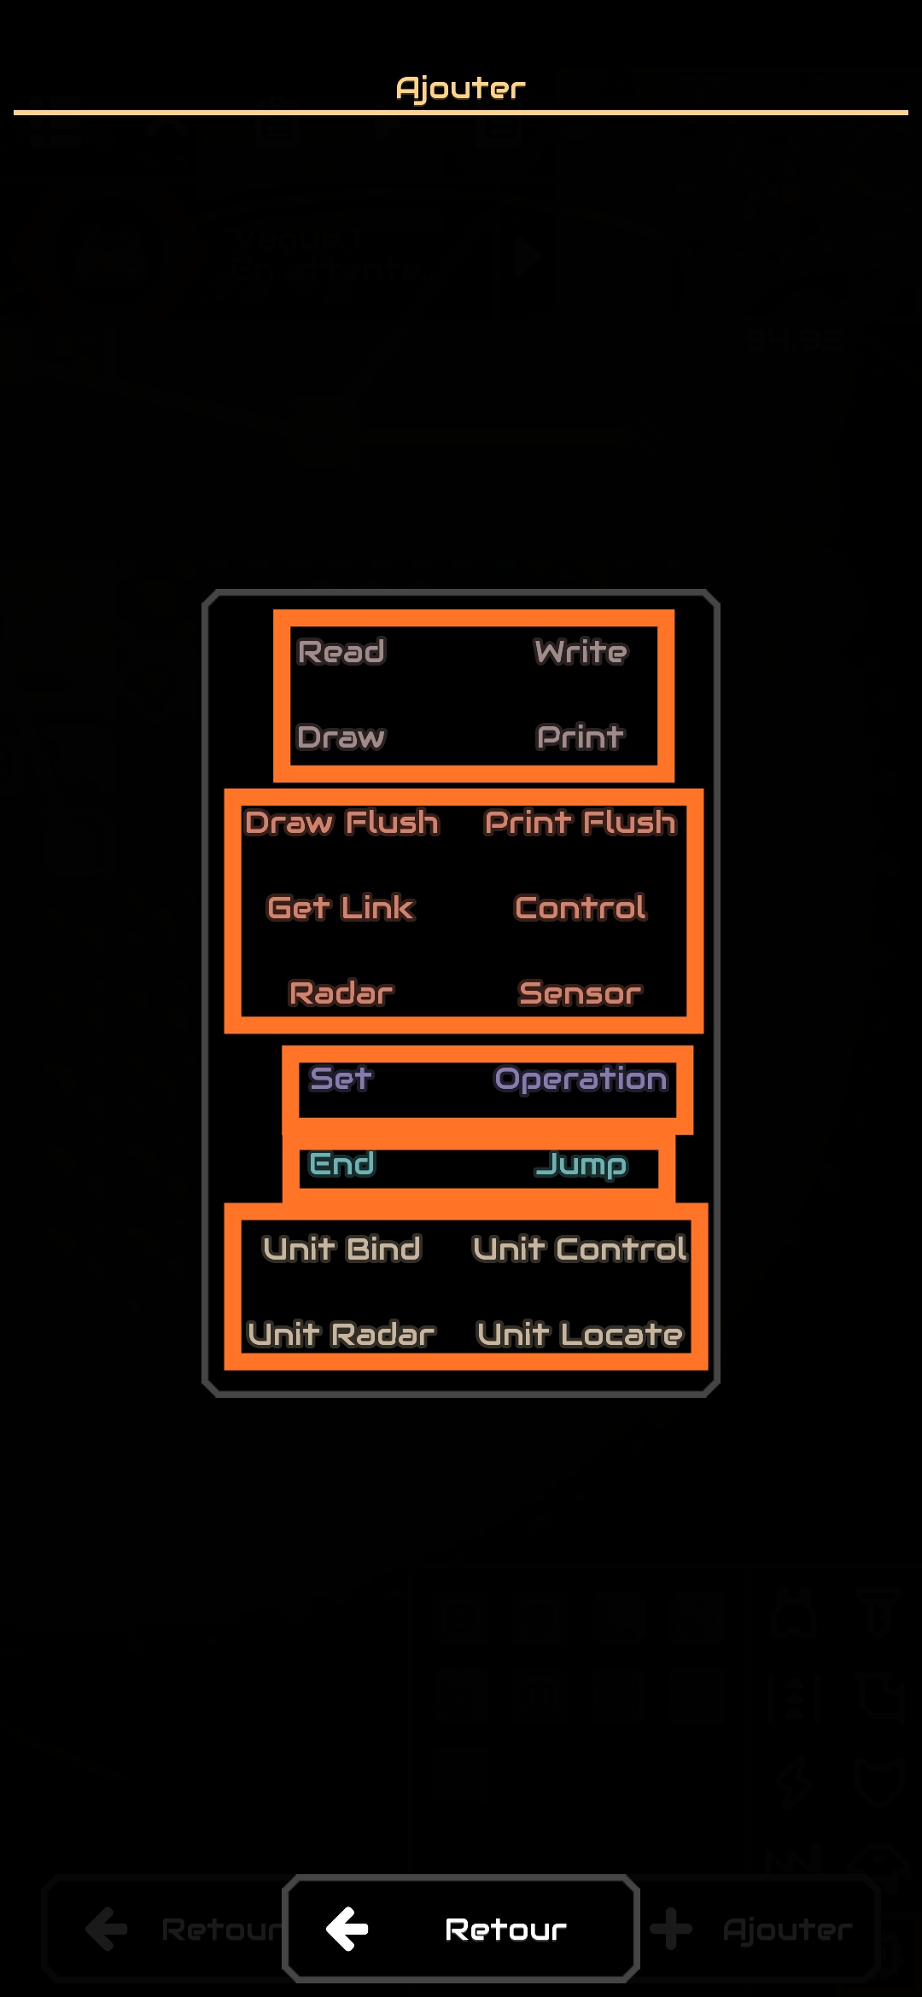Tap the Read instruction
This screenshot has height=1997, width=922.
tap(341, 652)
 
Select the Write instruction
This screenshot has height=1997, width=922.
tap(581, 652)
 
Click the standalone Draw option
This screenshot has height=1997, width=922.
tap(341, 737)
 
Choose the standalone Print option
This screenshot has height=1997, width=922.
tap(581, 737)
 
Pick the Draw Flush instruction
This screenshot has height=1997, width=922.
tap(341, 823)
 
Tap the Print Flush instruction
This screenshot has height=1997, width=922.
tap(581, 823)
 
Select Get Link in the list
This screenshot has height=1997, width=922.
tap(341, 908)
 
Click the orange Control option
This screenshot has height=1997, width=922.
tap(581, 908)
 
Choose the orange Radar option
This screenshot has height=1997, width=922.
tap(341, 993)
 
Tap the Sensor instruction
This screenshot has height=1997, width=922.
tap(581, 993)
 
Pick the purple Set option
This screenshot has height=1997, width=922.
tap(341, 1079)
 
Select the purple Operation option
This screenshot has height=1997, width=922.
tap(581, 1079)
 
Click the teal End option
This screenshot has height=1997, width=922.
tap(341, 1164)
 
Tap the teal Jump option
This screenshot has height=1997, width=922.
tap(581, 1164)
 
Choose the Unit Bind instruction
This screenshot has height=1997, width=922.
tap(341, 1249)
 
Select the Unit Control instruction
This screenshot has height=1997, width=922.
tap(581, 1249)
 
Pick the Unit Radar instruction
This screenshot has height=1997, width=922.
tap(341, 1335)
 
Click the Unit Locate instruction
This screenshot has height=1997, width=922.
tap(581, 1335)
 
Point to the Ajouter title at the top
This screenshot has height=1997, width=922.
tap(461, 88)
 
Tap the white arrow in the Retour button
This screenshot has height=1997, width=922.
tap(347, 1929)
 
